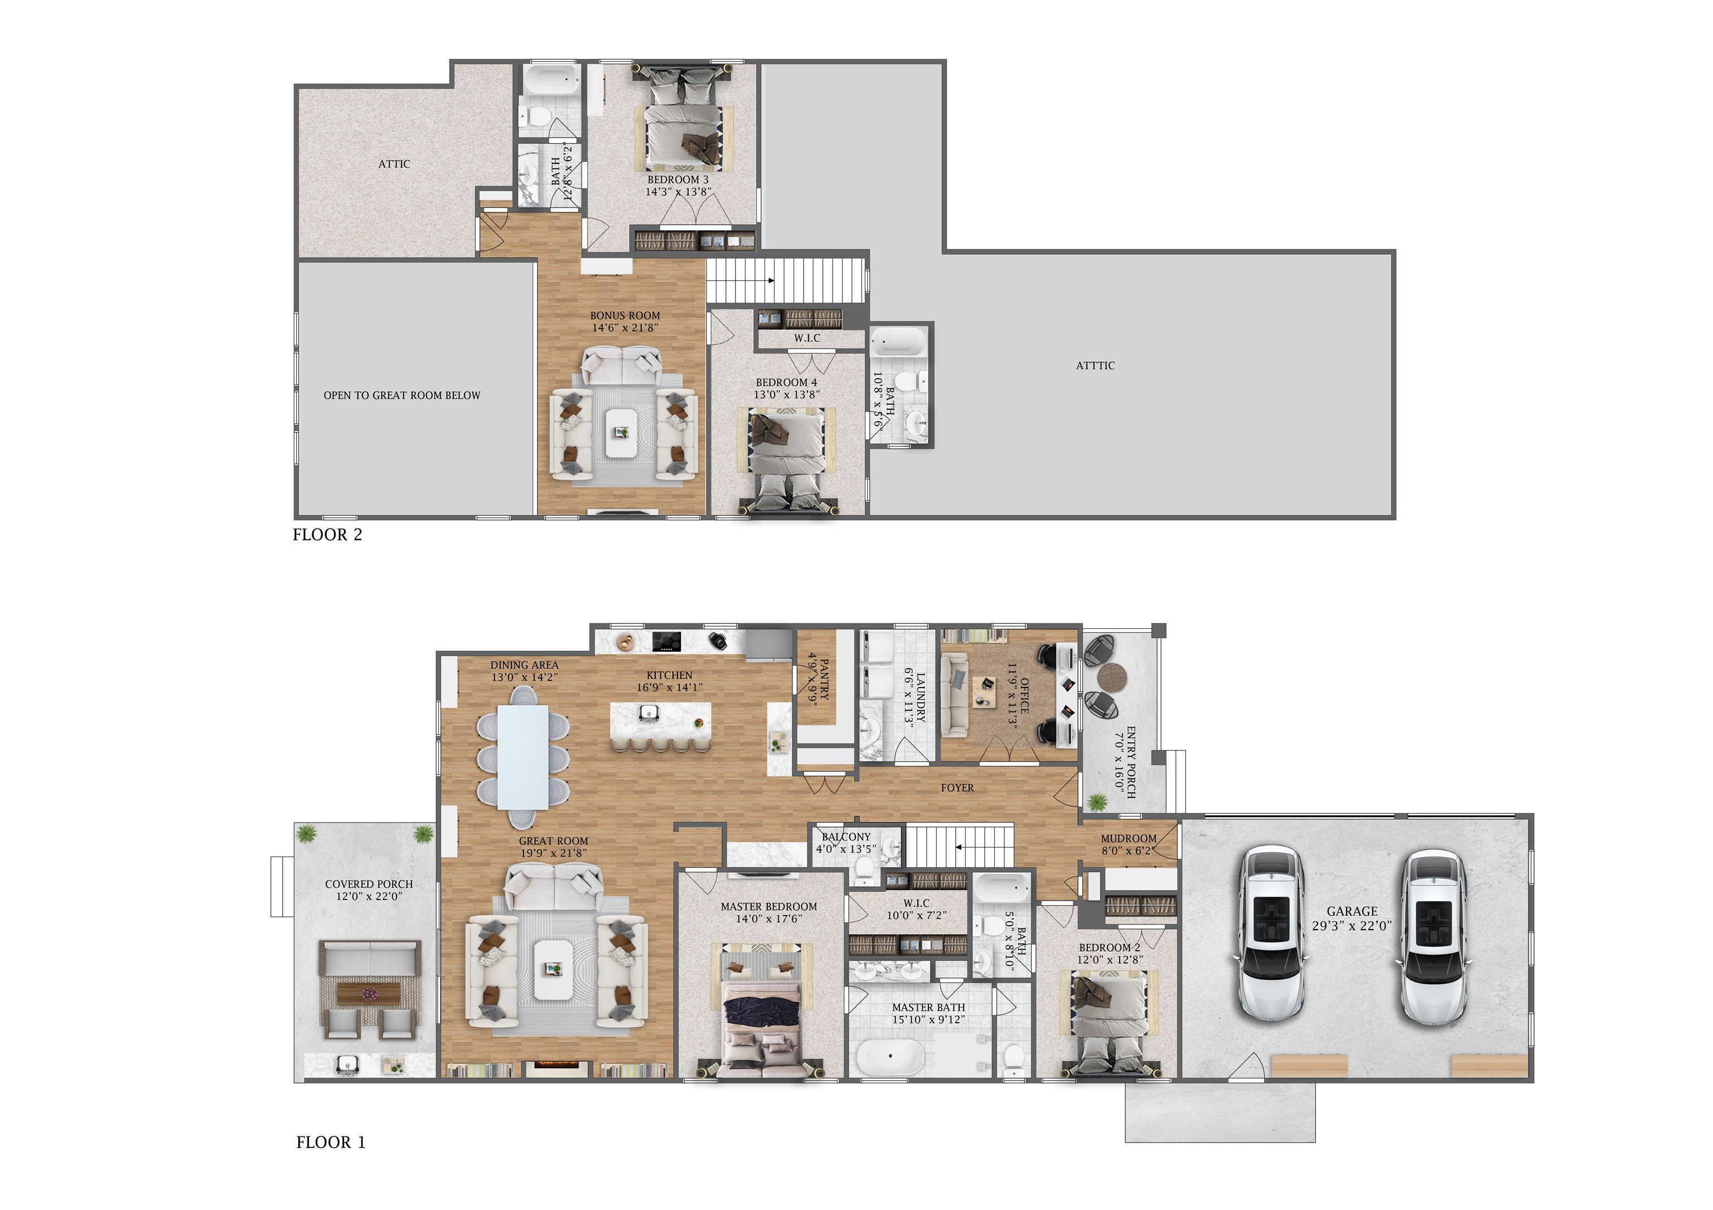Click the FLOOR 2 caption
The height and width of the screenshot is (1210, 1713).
coord(327,535)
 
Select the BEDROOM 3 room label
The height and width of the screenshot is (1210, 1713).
coord(678,180)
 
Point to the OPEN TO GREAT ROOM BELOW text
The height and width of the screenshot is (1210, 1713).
coord(402,395)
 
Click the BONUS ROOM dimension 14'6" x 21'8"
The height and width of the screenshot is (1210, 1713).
coord(625,327)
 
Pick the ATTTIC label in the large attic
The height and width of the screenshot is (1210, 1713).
coord(1095,366)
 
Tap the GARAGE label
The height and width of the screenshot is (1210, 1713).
coord(1352,912)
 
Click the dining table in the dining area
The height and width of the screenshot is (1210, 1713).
coord(523,757)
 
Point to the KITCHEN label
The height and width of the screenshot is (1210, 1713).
coord(669,675)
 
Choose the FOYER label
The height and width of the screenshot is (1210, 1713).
coord(957,788)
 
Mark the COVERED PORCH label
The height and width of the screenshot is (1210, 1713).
coord(369,884)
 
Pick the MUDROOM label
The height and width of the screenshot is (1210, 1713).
coord(1128,839)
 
